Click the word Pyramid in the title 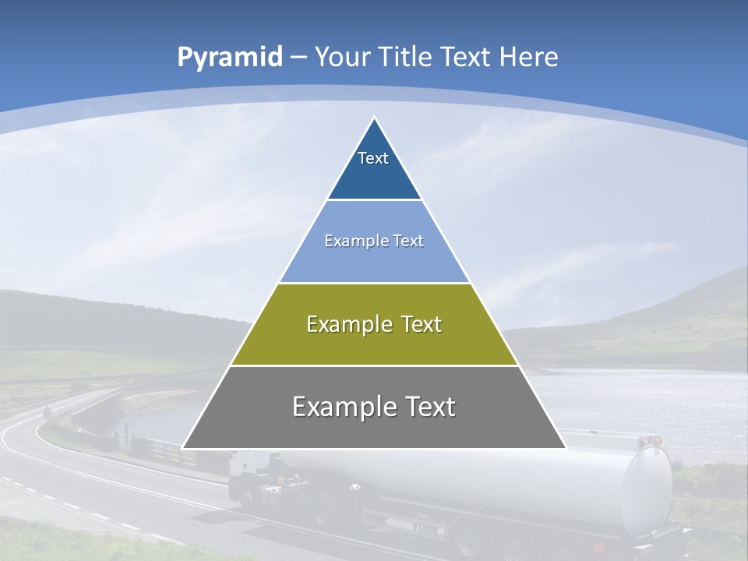[229, 58]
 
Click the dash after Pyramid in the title [297, 58]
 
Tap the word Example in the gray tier [341, 408]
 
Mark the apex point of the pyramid [374, 118]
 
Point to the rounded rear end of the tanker [647, 491]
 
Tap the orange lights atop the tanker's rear [650, 442]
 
